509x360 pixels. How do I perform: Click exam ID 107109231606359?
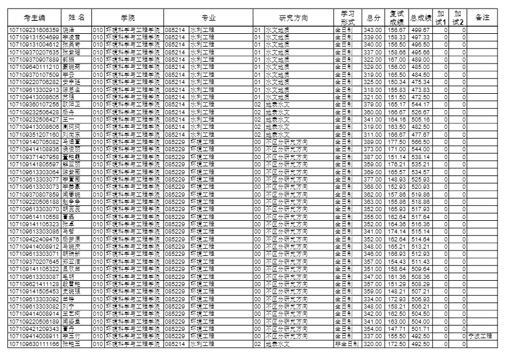tap(34, 30)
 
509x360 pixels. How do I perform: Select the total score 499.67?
tap(420, 30)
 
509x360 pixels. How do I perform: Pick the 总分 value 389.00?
tap(373, 140)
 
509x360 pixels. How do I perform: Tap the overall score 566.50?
tap(420, 140)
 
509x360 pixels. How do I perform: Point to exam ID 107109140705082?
tap(34, 140)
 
